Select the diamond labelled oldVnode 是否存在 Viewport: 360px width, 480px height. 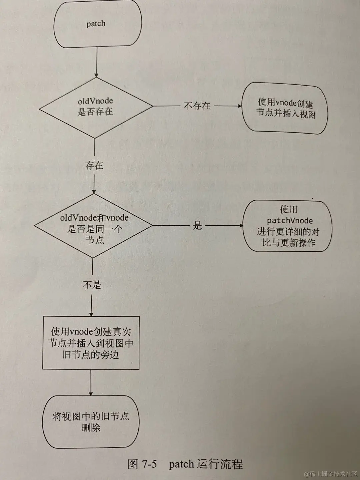pos(96,107)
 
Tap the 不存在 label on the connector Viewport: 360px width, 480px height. pos(197,106)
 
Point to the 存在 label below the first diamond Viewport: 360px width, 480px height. pos(94,165)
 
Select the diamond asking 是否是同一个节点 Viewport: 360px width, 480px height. pos(94,226)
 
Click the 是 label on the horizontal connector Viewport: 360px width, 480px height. pos(198,226)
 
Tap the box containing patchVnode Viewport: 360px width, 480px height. pos(288,226)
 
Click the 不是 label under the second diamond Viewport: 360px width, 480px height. pos(92,285)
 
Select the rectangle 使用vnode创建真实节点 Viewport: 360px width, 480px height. pos(91,343)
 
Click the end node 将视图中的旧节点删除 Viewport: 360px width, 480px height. pos(91,422)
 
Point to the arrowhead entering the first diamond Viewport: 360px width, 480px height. pos(96,75)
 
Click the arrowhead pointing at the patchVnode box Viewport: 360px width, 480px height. pos(241,226)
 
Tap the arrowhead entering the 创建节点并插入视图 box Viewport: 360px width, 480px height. pos(239,106)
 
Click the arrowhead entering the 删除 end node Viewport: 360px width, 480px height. pos(91,393)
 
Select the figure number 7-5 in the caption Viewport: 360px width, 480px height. pos(149,464)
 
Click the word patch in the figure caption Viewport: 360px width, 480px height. pos(181,464)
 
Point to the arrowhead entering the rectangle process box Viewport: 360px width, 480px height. pos(91,314)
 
